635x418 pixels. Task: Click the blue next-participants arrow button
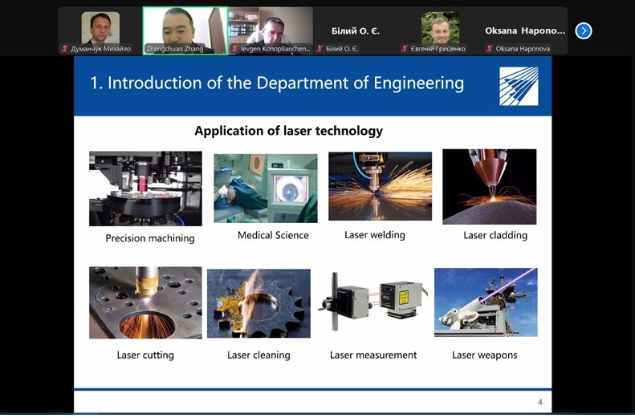(583, 30)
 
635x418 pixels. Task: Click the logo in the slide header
(519, 86)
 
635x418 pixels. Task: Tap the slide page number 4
(540, 402)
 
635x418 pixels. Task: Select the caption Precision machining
(150, 238)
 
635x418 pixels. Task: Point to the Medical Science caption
(273, 235)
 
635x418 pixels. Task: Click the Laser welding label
(375, 235)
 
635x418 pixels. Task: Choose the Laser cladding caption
(495, 235)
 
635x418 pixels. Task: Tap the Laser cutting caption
(145, 355)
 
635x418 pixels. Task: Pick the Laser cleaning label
(258, 355)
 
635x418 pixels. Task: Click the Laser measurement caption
(373, 355)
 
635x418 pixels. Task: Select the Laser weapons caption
(484, 355)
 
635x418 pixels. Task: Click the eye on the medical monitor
(291, 189)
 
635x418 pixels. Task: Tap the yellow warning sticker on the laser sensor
(404, 297)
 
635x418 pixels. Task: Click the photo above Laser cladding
(489, 187)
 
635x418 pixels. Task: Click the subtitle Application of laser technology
(288, 131)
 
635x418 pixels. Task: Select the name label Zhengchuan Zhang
(174, 49)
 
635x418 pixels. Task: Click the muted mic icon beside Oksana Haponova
(490, 49)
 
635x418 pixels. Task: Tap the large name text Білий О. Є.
(356, 30)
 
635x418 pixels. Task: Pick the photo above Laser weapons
(486, 302)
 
